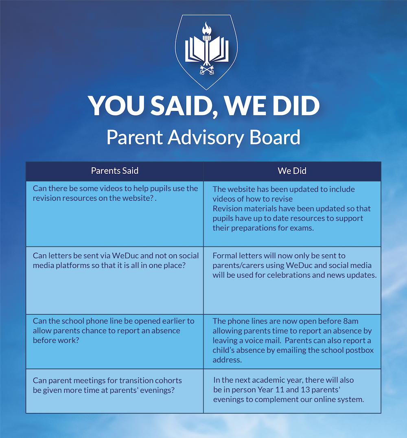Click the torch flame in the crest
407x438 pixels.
point(207,28)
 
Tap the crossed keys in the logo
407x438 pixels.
point(207,70)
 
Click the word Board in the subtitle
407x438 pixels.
point(275,137)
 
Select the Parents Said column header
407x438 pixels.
point(115,171)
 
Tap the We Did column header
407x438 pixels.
point(292,171)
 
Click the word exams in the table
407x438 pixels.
point(302,228)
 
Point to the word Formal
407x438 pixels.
point(225,256)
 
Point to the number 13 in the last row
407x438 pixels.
point(300,390)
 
